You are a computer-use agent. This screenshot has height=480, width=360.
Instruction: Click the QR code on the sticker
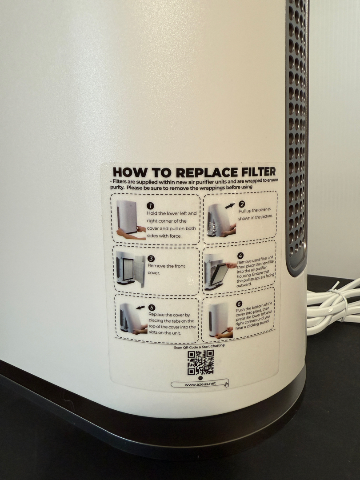click(200, 363)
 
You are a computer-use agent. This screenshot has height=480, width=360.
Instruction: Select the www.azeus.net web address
click(200, 384)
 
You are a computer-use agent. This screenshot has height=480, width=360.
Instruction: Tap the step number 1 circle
click(150, 206)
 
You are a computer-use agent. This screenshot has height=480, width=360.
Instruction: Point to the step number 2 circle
click(242, 204)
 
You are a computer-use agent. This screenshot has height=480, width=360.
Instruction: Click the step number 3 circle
click(151, 259)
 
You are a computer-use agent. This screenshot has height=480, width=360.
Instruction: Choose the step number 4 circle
click(240, 256)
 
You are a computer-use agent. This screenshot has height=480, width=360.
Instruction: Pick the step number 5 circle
click(152, 308)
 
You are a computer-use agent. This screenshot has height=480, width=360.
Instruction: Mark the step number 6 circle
click(239, 304)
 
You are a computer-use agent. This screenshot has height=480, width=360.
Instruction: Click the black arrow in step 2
click(230, 206)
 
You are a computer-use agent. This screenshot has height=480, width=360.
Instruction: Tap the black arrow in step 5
click(140, 307)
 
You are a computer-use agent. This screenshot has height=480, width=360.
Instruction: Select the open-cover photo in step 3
click(131, 269)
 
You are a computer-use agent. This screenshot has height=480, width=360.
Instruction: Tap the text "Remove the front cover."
click(166, 269)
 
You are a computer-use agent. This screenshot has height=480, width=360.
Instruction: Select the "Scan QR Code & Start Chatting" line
click(199, 346)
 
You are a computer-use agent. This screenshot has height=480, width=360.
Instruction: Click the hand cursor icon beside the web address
click(227, 384)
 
